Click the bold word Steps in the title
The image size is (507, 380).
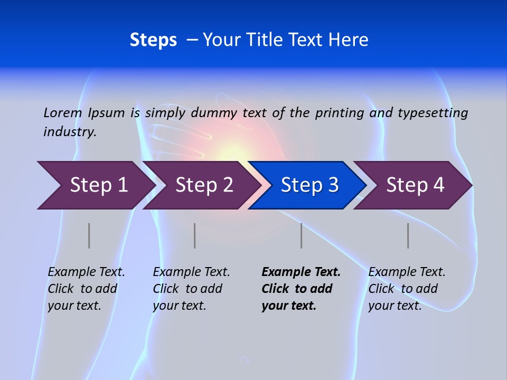click(x=153, y=40)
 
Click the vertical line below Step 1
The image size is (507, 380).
click(x=89, y=235)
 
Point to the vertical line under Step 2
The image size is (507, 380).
click(x=195, y=235)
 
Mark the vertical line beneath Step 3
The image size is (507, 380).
click(x=302, y=235)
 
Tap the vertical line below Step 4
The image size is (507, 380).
click(x=408, y=235)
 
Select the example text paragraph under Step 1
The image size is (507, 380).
click(x=86, y=289)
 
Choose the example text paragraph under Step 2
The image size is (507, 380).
click(x=191, y=289)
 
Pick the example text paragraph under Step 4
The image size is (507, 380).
click(x=407, y=289)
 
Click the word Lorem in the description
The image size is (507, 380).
click(x=62, y=113)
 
